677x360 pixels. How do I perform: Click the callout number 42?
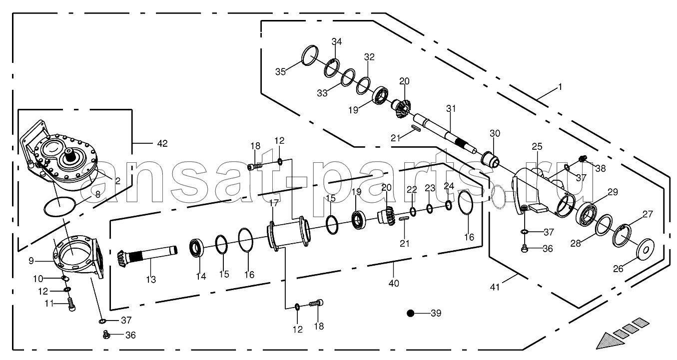(x=162, y=143)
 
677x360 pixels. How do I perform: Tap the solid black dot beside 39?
(x=410, y=314)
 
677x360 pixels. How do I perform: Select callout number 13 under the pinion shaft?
(x=151, y=280)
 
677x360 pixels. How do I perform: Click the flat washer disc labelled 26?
(x=645, y=249)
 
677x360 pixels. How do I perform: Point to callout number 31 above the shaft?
(x=451, y=109)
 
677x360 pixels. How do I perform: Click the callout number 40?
(x=394, y=283)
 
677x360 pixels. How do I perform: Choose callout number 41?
(x=495, y=287)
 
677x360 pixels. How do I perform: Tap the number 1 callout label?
(x=560, y=87)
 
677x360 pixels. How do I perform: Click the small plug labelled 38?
(x=583, y=158)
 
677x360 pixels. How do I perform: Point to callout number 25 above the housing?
(x=537, y=147)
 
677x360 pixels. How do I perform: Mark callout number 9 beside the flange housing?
(x=31, y=261)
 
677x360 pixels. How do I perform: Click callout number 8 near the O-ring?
(x=97, y=195)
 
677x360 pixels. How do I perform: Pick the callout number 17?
(x=273, y=203)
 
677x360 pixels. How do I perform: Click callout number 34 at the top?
(x=337, y=41)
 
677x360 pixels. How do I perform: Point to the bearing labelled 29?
(x=586, y=215)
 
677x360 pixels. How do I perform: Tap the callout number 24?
(x=449, y=186)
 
